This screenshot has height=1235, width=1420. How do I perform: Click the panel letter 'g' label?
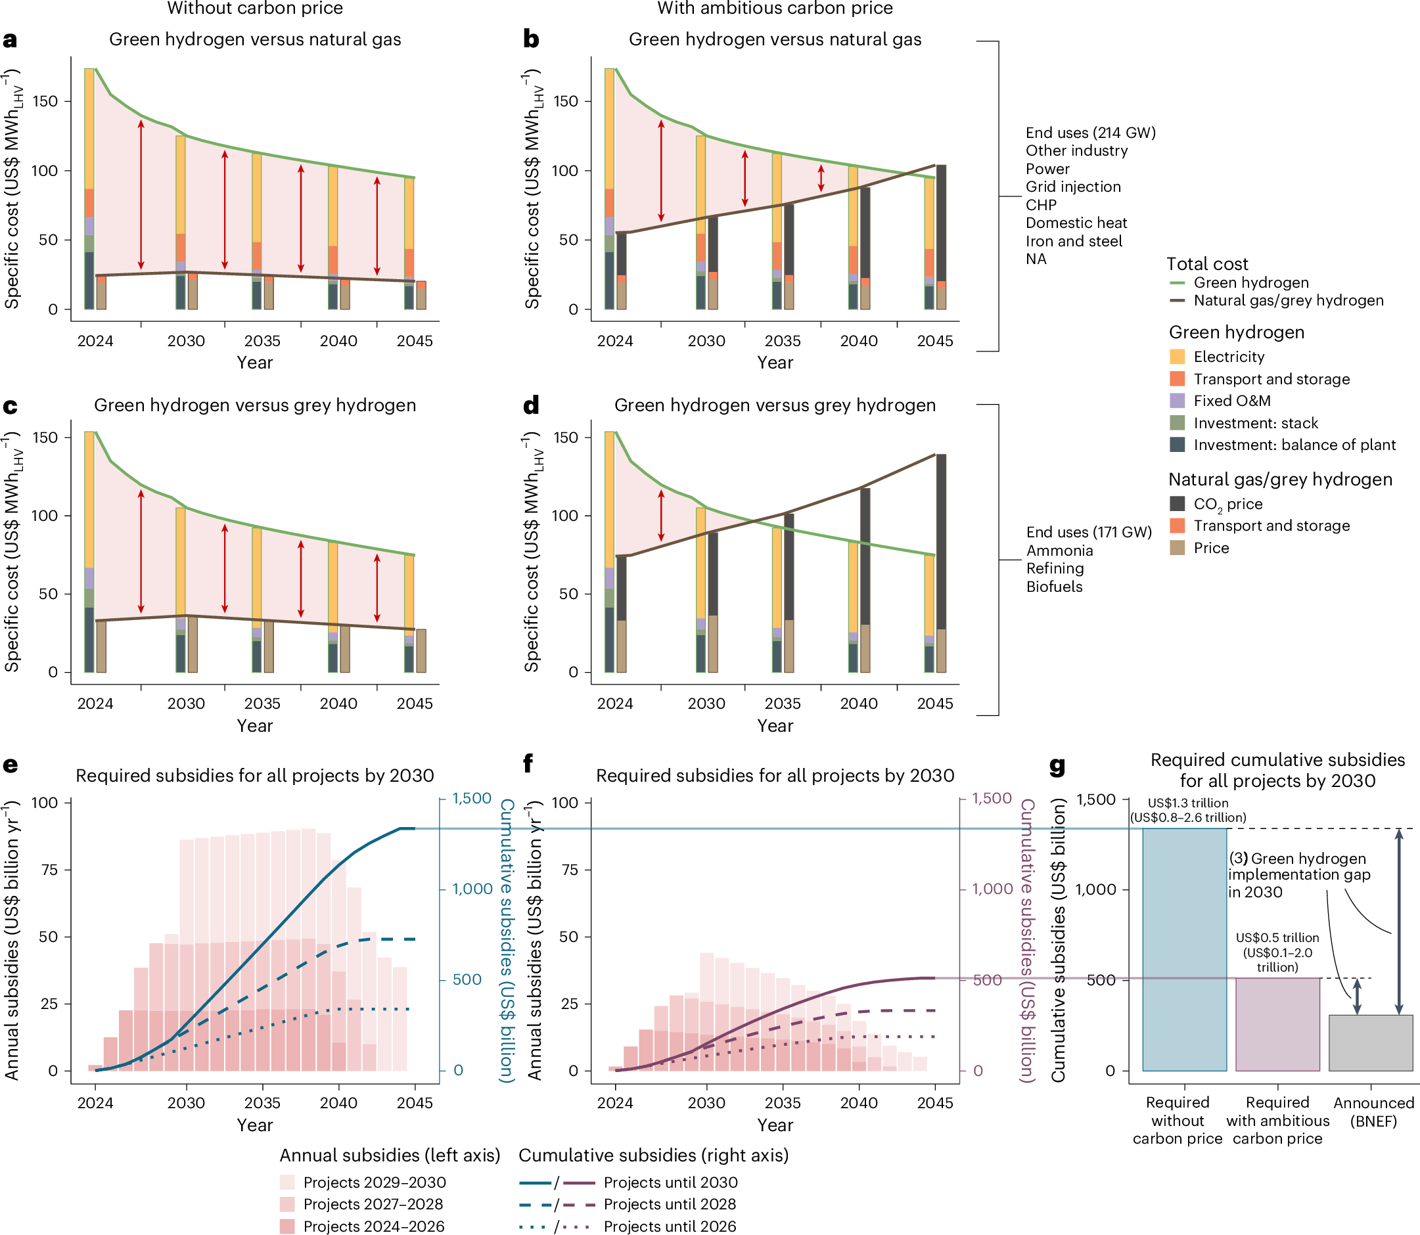[1057, 766]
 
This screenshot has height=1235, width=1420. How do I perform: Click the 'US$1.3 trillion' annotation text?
[1187, 803]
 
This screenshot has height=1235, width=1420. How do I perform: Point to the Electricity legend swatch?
[1178, 356]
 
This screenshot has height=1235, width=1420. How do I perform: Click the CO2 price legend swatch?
[1178, 504]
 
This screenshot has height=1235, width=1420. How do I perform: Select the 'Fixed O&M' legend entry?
[1232, 401]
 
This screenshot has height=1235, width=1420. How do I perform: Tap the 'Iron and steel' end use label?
[1073, 241]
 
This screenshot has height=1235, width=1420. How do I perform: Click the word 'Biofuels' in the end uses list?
[1054, 587]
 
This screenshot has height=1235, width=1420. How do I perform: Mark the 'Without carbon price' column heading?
[254, 9]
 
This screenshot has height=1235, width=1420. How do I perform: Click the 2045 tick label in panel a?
[414, 340]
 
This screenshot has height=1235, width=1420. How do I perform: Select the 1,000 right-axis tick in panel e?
[472, 889]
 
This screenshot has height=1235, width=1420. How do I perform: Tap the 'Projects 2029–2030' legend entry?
[375, 1182]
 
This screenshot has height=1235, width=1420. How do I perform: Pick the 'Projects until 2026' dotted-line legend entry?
[670, 1226]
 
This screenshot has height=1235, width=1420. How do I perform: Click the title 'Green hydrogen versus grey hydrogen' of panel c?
[254, 405]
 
